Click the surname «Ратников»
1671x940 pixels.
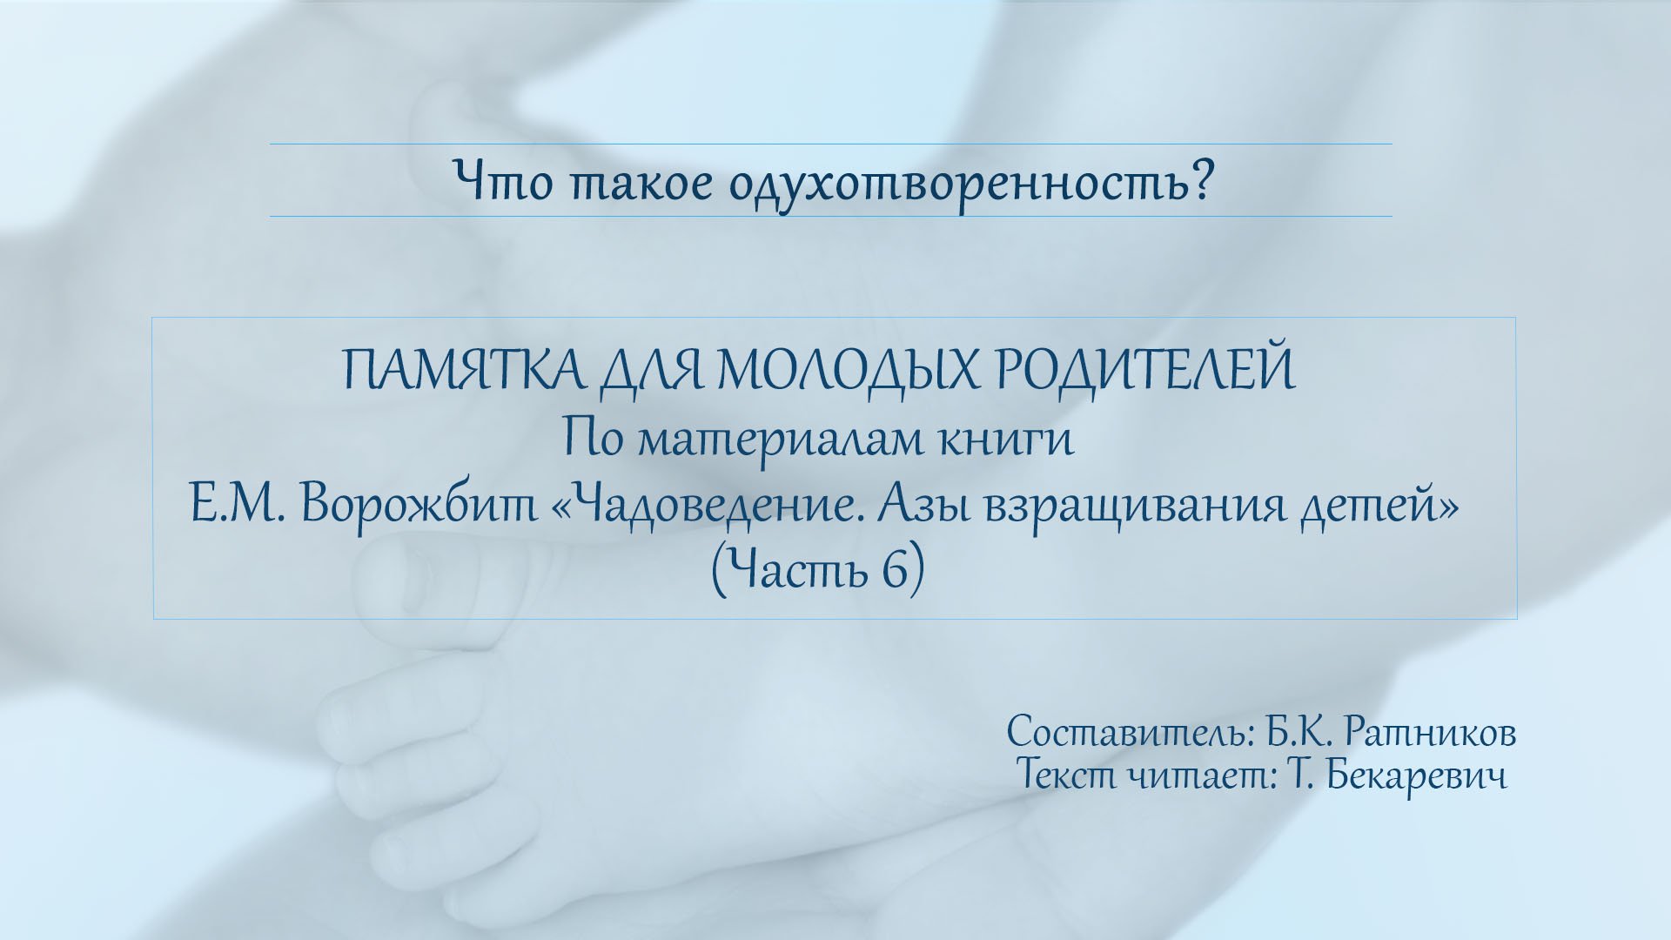point(1430,733)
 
